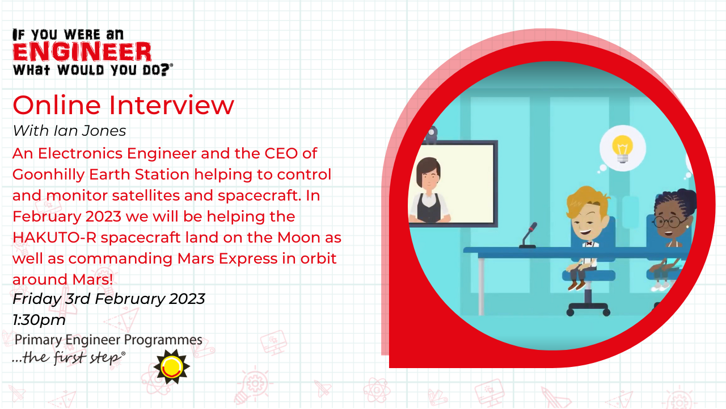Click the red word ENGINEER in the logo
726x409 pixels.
point(82,52)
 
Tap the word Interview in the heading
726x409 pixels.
point(171,105)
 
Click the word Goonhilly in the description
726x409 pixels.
point(48,175)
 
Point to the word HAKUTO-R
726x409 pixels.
point(54,237)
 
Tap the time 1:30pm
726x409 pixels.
point(39,320)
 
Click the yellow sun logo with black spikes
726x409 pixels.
point(172,367)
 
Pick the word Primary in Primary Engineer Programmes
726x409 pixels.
point(38,340)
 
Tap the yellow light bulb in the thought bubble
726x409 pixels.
point(622,149)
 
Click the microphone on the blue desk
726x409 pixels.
point(529,235)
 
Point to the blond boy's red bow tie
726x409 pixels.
point(589,244)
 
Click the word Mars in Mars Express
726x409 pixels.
point(196,258)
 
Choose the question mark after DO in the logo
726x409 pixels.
point(165,70)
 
